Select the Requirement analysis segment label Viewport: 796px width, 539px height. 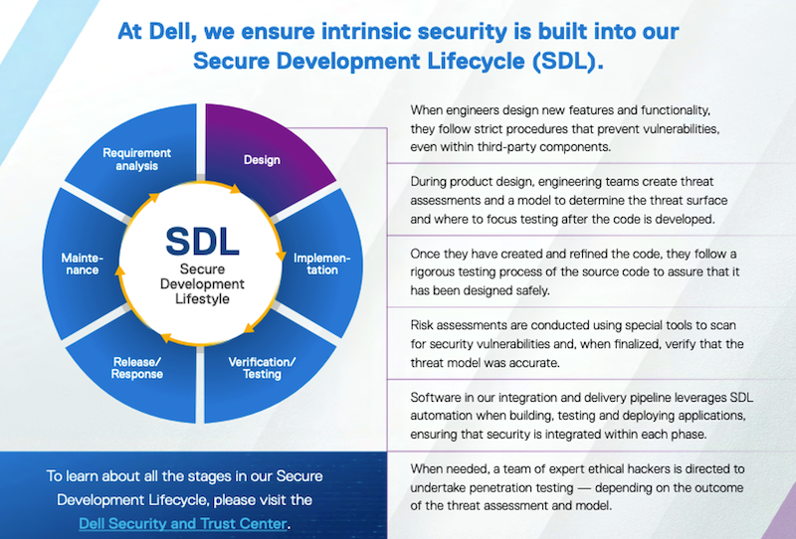tap(136, 159)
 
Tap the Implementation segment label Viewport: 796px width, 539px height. tap(321, 264)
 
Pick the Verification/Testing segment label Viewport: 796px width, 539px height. tap(262, 368)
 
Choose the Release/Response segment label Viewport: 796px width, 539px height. tap(137, 368)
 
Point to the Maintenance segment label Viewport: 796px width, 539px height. tap(83, 264)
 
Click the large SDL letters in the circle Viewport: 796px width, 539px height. tap(202, 242)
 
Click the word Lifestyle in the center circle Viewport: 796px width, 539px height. tap(202, 298)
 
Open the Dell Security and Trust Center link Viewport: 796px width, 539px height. tap(183, 523)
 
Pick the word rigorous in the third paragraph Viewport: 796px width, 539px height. tap(433, 272)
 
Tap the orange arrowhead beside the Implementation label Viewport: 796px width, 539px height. tap(281, 256)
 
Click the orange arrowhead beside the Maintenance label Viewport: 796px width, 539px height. tap(119, 270)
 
